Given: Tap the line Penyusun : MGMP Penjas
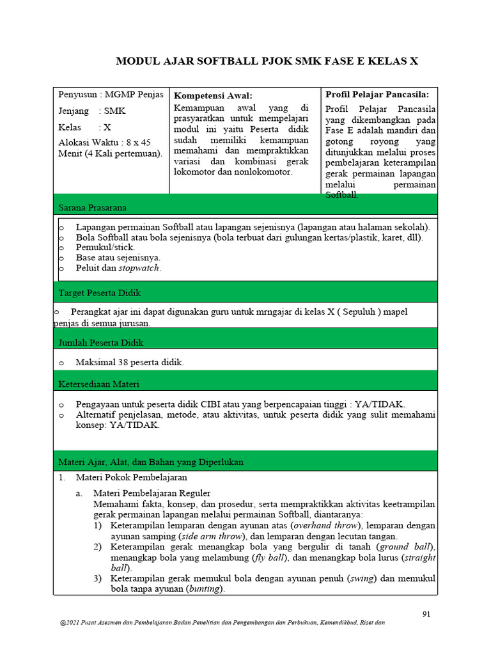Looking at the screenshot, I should pos(111,95).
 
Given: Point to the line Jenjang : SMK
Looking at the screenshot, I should pos(92,111).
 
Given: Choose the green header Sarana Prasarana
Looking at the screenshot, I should pos(93,207).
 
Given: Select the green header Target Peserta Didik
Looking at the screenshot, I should pos(100,292).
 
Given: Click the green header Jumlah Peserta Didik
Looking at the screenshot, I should pos(101,342).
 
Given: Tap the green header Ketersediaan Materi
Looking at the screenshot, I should pos(99,384).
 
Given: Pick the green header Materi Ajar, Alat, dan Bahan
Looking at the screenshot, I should pos(151,461).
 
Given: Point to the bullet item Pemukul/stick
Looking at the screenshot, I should pos(105,246).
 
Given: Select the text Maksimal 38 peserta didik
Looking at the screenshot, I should pos(130,363).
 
